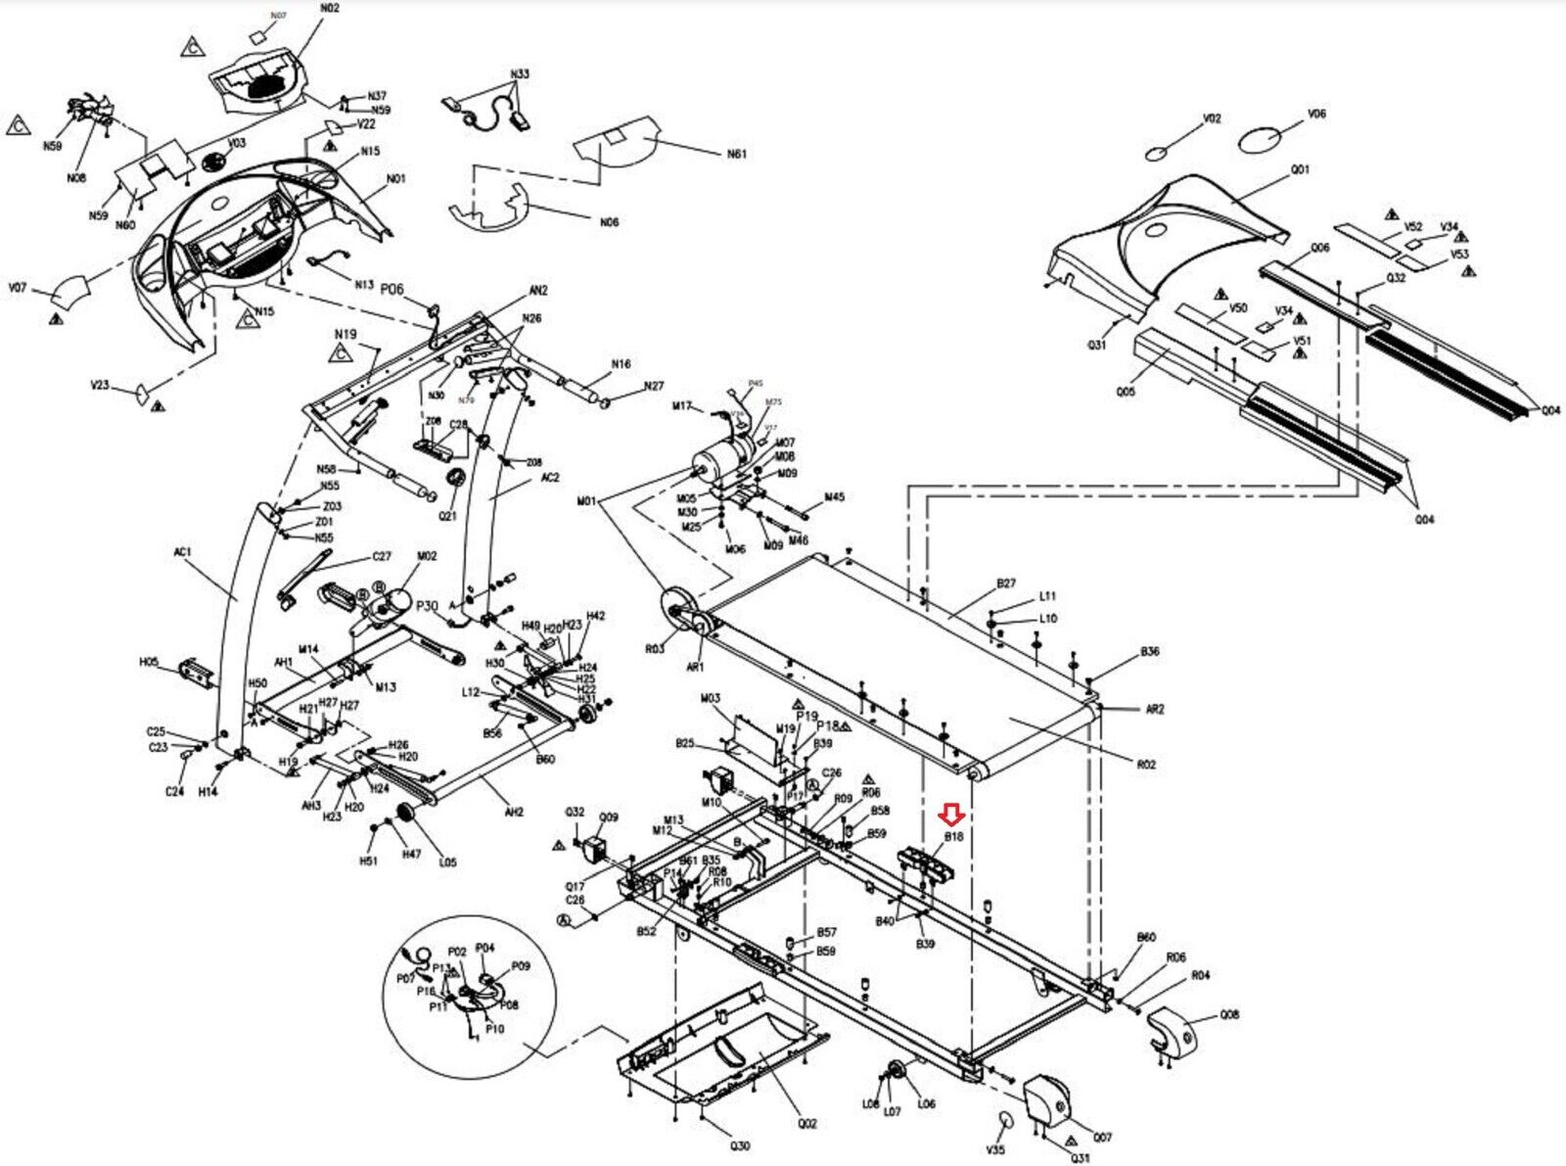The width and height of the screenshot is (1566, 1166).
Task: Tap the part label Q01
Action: click(1299, 170)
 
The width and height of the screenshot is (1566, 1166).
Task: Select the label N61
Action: click(736, 154)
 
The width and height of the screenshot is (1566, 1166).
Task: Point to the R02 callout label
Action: click(1146, 764)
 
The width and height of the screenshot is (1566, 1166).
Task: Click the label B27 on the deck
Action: click(1006, 583)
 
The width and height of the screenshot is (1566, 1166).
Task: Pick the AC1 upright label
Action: click(182, 552)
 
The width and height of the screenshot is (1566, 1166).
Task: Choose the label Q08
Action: click(1229, 1014)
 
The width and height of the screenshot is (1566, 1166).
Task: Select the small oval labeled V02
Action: click(1157, 153)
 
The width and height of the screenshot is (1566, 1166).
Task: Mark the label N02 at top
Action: click(330, 9)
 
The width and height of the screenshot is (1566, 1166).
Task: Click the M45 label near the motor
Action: click(834, 497)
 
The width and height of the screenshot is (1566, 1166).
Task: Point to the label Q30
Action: click(740, 1145)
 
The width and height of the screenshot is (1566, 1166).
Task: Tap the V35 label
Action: click(995, 1148)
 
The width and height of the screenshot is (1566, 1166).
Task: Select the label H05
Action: click(149, 662)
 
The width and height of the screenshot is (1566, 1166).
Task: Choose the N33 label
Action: click(520, 74)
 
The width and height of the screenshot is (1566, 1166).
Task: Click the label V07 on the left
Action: click(18, 288)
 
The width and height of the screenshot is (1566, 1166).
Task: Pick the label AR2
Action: click(1155, 709)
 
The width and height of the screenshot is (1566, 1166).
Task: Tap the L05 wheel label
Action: click(447, 863)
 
